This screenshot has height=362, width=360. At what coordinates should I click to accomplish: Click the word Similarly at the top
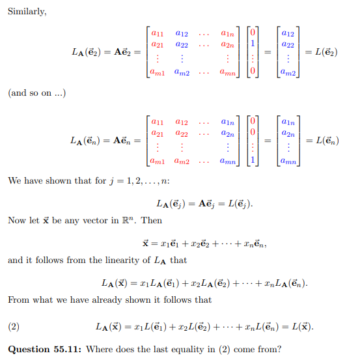(x=25, y=11)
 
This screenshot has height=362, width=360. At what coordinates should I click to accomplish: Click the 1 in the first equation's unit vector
(x=255, y=43)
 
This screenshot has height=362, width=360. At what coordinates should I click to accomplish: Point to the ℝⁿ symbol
(x=132, y=221)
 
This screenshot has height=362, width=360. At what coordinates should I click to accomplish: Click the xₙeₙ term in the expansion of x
(x=250, y=244)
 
